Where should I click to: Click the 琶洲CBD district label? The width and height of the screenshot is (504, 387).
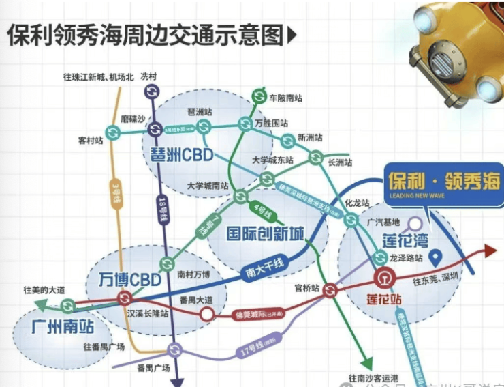pos(181,152)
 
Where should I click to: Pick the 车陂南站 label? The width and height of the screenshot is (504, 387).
pos(285,98)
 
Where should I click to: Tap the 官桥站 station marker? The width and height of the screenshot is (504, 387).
pos(330,290)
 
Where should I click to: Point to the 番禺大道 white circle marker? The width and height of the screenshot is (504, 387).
pos(206,314)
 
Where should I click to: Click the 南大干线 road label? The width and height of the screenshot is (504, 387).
pos(262,269)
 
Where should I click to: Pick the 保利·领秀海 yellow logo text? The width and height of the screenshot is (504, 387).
pos(443,181)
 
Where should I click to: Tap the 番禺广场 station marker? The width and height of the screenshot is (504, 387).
pos(174,350)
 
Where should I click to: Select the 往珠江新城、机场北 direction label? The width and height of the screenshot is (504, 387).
pos(99,77)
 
